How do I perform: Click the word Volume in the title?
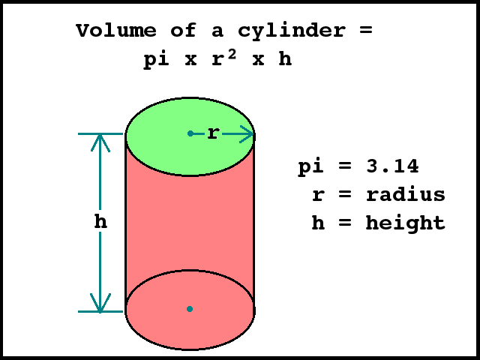tap(116, 31)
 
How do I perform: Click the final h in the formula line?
tap(284, 60)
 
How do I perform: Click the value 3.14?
tap(392, 166)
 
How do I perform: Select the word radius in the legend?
tap(406, 195)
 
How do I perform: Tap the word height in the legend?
tap(406, 223)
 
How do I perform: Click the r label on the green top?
tap(213, 134)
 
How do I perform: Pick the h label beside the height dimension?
tap(100, 222)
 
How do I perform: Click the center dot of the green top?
tap(190, 133)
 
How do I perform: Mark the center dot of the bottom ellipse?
tap(190, 308)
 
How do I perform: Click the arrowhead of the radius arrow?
tap(248, 134)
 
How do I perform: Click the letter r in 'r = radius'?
tap(318, 196)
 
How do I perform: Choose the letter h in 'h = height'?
tap(318, 223)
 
